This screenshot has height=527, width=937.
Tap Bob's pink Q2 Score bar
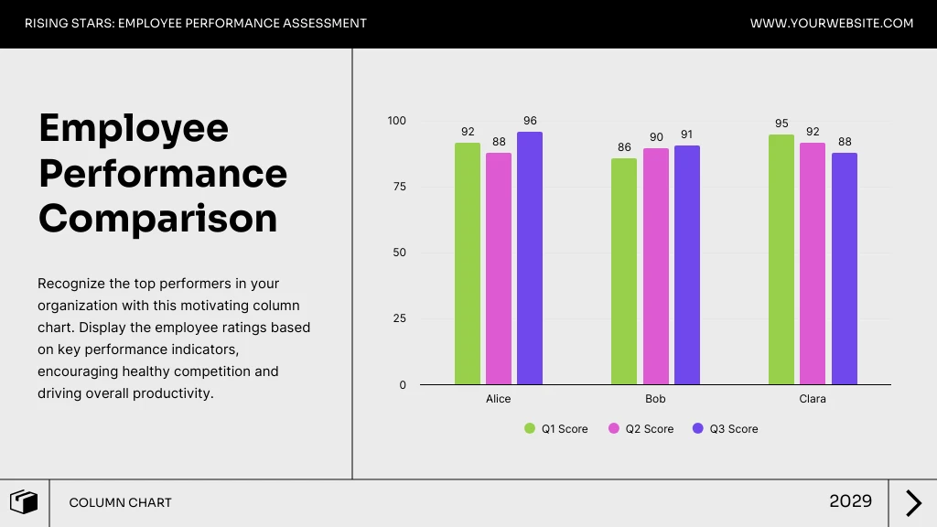tap(655, 266)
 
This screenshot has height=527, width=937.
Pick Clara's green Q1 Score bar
tap(781, 260)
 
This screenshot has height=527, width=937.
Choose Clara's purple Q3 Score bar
tap(844, 269)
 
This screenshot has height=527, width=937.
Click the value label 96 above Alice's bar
tap(530, 121)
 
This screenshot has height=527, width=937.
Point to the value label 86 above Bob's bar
tap(624, 147)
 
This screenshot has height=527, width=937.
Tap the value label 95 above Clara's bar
tap(781, 124)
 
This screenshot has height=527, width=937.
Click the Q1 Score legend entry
tap(556, 429)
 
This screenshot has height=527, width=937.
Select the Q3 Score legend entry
tap(726, 429)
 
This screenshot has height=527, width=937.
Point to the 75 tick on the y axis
tap(399, 187)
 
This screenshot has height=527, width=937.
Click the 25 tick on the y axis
tap(399, 319)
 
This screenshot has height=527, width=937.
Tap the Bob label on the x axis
tap(655, 399)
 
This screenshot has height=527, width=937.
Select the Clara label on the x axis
tap(813, 399)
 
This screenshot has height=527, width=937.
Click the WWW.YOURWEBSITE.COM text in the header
tap(832, 24)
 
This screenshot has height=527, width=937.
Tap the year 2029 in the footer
tap(850, 501)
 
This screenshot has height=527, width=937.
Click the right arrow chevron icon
tap(913, 503)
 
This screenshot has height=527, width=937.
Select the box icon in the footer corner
tap(24, 502)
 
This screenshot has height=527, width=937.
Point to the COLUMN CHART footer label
tap(120, 503)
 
